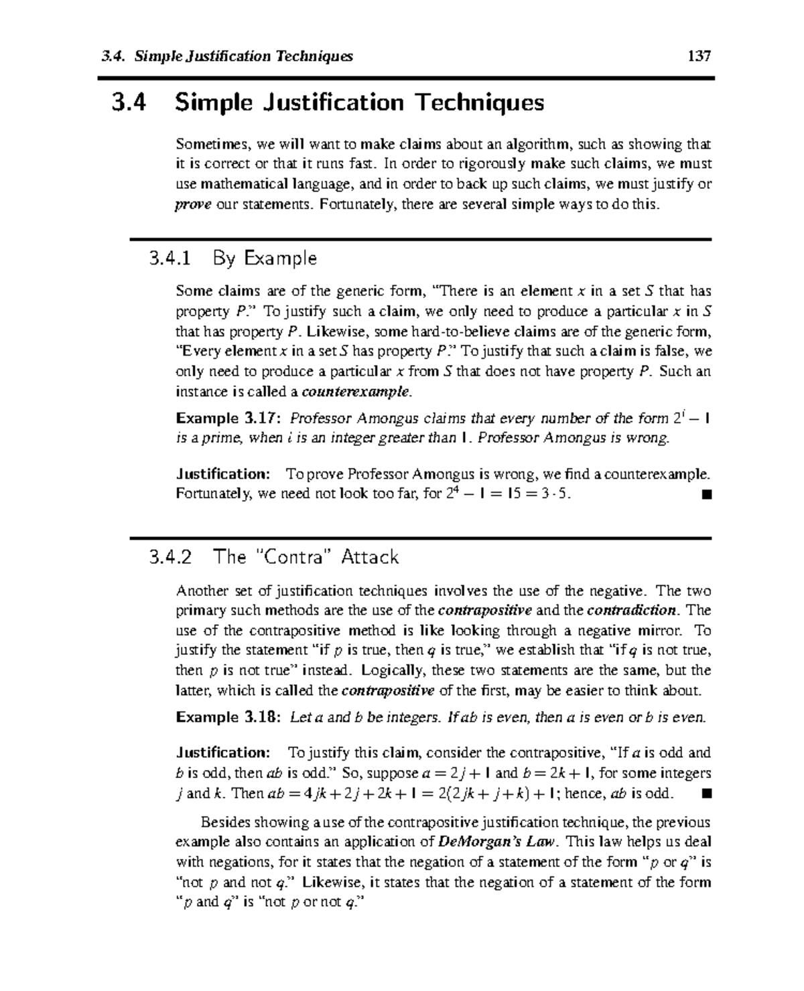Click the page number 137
point(699,56)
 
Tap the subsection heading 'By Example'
point(265,258)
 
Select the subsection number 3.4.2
point(171,557)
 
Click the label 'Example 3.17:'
point(228,419)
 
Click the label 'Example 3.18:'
point(228,718)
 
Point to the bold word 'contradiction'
point(632,611)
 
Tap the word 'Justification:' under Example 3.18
point(222,753)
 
